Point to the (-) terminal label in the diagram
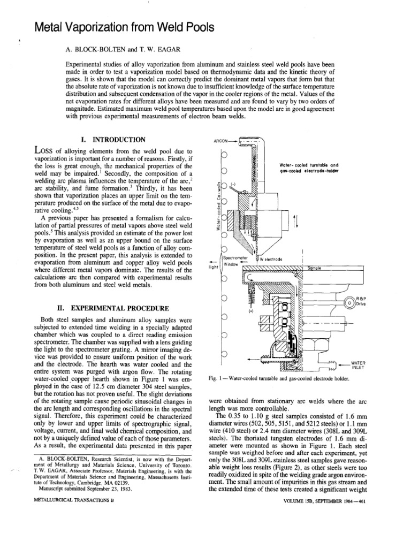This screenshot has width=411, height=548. (234, 185)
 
